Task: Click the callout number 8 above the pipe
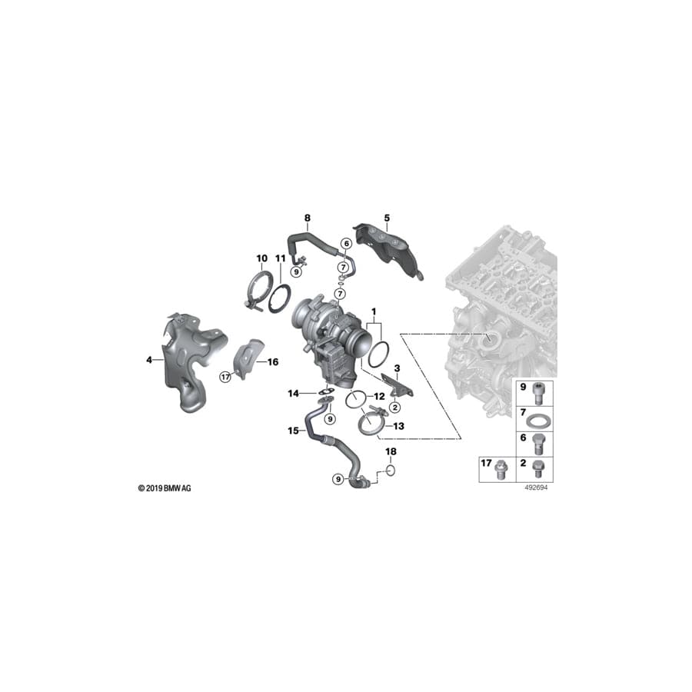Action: (x=308, y=218)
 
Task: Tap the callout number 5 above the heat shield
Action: (x=387, y=218)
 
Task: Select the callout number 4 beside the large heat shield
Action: (x=149, y=360)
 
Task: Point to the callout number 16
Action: (x=273, y=362)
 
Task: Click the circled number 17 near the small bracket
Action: (x=225, y=377)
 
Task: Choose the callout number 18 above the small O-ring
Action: (x=391, y=451)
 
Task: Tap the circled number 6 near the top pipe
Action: (x=347, y=243)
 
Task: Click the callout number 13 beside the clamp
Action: (x=398, y=426)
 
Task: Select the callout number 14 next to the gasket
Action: (x=294, y=393)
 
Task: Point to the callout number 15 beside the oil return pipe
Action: (x=294, y=431)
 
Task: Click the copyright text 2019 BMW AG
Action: (x=165, y=488)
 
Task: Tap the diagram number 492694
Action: (x=536, y=487)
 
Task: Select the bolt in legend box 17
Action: (x=501, y=470)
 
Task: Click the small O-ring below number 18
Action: (x=391, y=470)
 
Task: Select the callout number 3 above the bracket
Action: (x=398, y=368)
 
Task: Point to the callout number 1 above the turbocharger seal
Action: (x=374, y=312)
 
